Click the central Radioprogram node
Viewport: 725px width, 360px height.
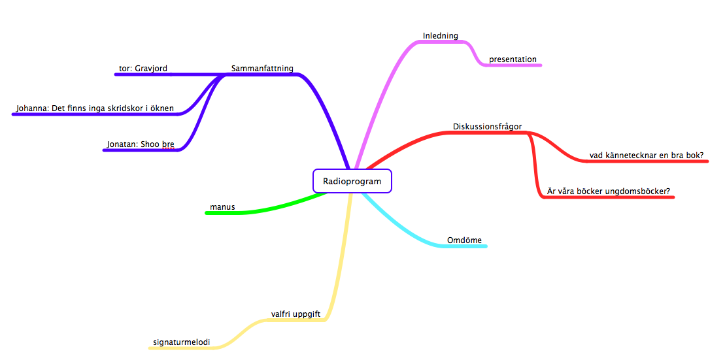click(x=352, y=181)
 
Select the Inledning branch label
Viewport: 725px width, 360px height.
click(x=440, y=36)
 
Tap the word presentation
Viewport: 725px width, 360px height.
click(x=513, y=59)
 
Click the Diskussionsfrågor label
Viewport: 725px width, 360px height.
click(x=487, y=127)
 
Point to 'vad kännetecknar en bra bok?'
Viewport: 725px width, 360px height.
click(x=646, y=155)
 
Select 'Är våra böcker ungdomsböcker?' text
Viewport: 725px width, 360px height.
click(x=608, y=191)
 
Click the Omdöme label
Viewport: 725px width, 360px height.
click(x=464, y=240)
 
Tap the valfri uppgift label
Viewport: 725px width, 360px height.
click(x=295, y=314)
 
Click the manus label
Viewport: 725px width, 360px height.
click(x=222, y=208)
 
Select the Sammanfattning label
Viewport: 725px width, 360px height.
click(x=262, y=69)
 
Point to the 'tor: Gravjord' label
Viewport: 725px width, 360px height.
click(x=143, y=69)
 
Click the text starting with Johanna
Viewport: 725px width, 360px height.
click(x=95, y=108)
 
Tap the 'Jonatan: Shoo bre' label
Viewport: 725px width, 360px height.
click(x=141, y=144)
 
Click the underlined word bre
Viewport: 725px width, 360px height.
click(x=168, y=144)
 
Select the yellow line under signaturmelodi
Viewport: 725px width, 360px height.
click(x=183, y=348)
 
